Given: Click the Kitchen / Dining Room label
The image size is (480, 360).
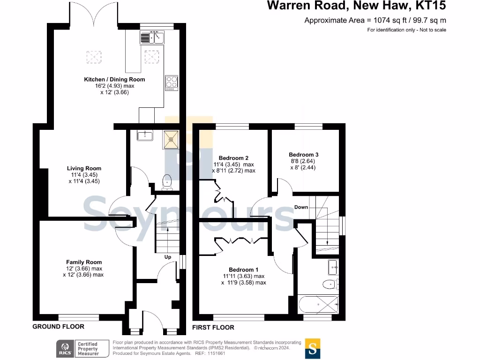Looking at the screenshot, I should click(x=114, y=80).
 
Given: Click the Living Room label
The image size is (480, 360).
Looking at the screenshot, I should click(x=84, y=168).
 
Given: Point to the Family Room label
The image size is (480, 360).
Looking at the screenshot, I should click(x=84, y=262).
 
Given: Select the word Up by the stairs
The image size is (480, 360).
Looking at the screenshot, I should click(x=167, y=257).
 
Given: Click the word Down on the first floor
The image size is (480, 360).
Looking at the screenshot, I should click(x=301, y=207).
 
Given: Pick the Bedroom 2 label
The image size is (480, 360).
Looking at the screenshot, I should click(x=233, y=158).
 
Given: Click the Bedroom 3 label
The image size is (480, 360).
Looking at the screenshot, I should click(x=304, y=155).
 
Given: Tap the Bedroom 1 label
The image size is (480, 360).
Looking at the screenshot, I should click(x=244, y=270).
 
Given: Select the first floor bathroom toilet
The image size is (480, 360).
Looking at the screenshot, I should click(x=330, y=284).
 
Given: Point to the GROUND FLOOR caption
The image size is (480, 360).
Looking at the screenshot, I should click(x=58, y=327).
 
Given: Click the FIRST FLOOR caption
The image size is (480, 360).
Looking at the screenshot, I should click(x=213, y=327).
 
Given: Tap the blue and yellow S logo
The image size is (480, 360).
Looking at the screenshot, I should click(x=313, y=348).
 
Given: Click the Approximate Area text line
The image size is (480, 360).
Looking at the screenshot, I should click(x=375, y=20).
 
